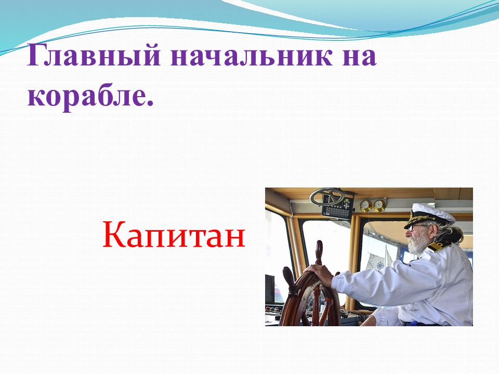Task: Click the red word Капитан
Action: tap(174, 235)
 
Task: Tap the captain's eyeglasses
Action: tap(414, 227)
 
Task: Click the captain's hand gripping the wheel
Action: tap(319, 273)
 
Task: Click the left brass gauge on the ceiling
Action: tap(365, 206)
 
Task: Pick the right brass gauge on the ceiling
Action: tap(379, 205)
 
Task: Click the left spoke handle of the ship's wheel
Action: tap(288, 277)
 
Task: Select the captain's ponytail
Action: tap(453, 234)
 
